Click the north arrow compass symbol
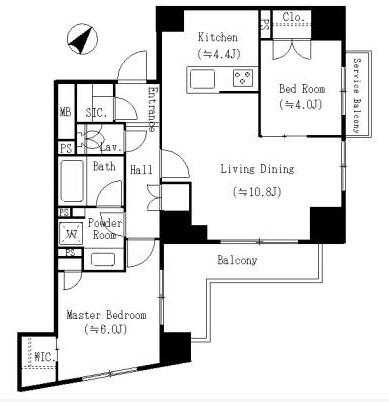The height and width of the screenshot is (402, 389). (x=82, y=39)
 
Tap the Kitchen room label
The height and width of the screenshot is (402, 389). (x=218, y=37)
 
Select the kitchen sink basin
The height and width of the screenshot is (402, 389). (x=202, y=79)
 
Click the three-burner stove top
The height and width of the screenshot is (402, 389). (x=243, y=78)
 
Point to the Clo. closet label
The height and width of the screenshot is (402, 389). (x=294, y=17)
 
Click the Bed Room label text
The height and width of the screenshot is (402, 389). (x=302, y=89)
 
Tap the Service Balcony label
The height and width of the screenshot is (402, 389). (x=357, y=96)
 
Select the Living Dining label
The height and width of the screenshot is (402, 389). (x=257, y=169)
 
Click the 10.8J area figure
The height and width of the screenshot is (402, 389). (x=257, y=192)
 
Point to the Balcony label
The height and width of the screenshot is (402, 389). (x=237, y=260)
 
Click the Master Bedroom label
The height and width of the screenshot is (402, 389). (x=106, y=315)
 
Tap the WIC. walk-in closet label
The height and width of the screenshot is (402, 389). (x=45, y=357)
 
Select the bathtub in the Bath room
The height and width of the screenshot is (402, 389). (x=72, y=181)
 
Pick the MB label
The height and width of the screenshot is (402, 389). (x=66, y=112)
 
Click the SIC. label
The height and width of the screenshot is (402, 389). (x=96, y=113)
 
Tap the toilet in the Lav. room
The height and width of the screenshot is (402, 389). (x=87, y=138)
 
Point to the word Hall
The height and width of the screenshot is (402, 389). (x=141, y=170)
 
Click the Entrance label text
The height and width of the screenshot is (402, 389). (x=152, y=109)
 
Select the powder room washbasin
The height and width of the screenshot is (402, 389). (x=103, y=259)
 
